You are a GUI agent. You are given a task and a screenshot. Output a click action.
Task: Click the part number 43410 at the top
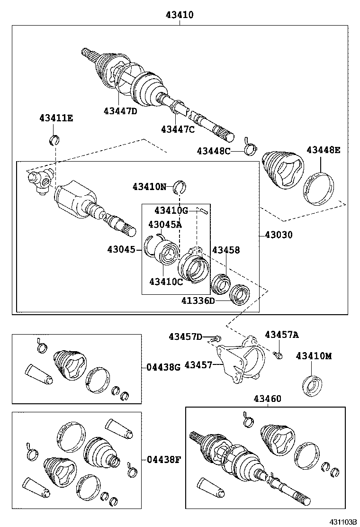pyautogui.click(x=180, y=15)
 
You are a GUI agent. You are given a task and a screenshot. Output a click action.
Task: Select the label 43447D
pyautogui.click(x=120, y=111)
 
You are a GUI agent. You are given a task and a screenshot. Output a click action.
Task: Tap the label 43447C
pyautogui.click(x=177, y=129)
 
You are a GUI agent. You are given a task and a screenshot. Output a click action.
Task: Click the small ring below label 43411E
pyautogui.click(x=55, y=139)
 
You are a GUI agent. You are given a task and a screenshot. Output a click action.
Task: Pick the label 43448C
pyautogui.click(x=214, y=151)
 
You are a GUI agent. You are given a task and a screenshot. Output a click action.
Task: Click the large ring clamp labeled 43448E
pyautogui.click(x=319, y=190)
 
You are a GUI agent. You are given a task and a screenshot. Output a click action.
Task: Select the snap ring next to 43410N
pyautogui.click(x=180, y=187)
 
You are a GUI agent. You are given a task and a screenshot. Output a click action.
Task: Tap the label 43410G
pyautogui.click(x=171, y=210)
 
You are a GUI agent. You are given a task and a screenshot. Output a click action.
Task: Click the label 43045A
pyautogui.click(x=165, y=224)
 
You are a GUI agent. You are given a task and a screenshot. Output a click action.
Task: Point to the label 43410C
pyautogui.click(x=166, y=282)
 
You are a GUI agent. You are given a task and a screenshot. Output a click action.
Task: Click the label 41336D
pyautogui.click(x=198, y=300)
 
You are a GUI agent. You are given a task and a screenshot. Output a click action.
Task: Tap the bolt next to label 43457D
pyautogui.click(x=217, y=338)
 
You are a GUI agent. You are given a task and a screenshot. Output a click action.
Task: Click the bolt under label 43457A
pyautogui.click(x=279, y=354)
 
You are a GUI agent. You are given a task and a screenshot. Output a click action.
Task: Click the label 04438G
pyautogui.click(x=163, y=366)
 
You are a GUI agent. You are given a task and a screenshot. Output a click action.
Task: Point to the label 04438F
pyautogui.click(x=163, y=459)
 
